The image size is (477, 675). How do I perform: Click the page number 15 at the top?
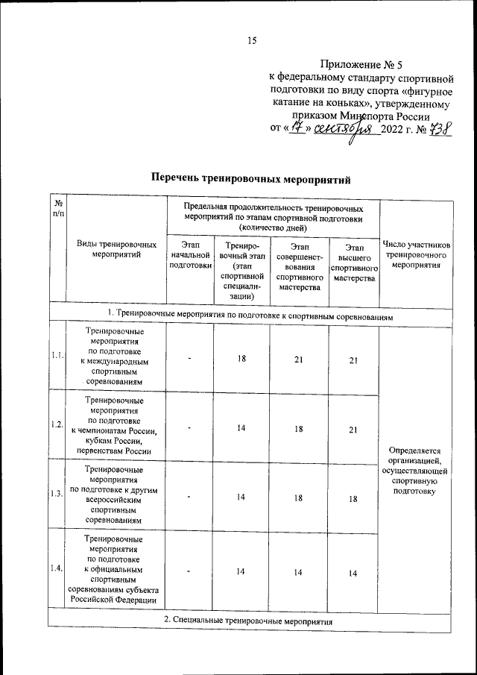(252, 41)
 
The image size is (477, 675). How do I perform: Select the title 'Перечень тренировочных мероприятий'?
(250, 179)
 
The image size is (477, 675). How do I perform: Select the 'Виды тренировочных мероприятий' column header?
(117, 249)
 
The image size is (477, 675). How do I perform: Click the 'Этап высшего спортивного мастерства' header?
(354, 263)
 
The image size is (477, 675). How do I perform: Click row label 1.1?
(57, 355)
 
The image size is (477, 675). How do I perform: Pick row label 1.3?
(57, 495)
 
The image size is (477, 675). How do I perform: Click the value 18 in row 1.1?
(241, 359)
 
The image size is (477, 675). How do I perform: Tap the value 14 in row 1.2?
(241, 428)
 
